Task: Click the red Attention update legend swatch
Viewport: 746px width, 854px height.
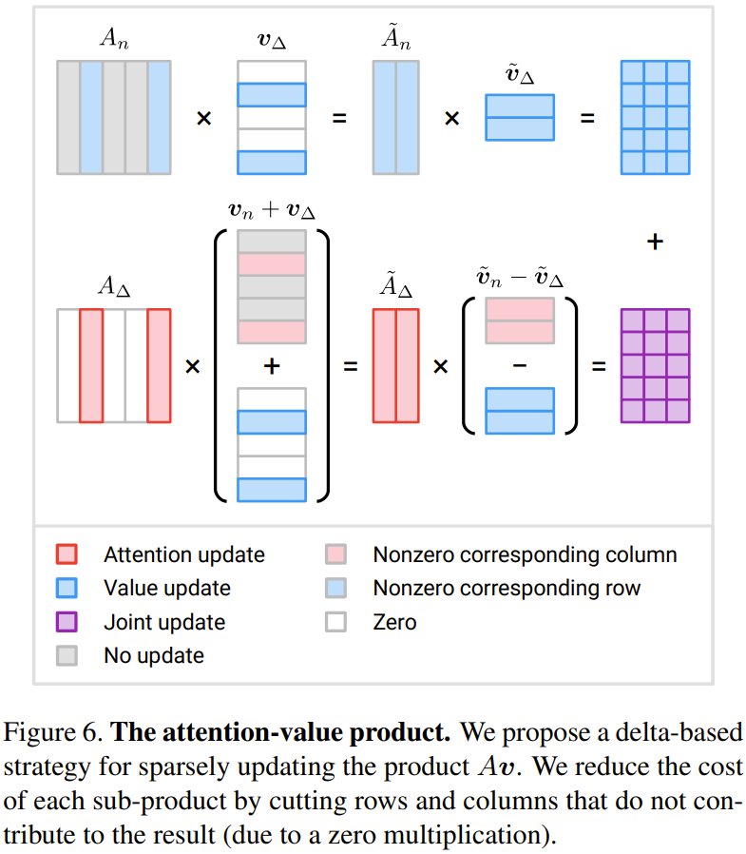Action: pos(67,554)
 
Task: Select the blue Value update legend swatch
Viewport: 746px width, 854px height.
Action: pos(67,589)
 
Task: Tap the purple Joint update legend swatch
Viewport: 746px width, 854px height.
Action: pos(67,623)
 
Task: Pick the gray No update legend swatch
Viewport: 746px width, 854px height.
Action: pos(67,656)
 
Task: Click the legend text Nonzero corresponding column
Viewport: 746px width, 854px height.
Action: pos(525,554)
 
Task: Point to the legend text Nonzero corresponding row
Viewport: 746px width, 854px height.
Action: pos(507,589)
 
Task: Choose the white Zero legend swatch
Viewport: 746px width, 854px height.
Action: pos(335,623)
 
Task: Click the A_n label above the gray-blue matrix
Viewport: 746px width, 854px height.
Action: pos(113,39)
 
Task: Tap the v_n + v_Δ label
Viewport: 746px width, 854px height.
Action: pos(271,210)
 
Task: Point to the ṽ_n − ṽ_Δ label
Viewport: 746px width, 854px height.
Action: pos(519,277)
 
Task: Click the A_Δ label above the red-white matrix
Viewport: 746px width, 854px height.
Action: pos(113,288)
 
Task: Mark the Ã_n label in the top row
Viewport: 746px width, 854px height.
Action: pos(395,39)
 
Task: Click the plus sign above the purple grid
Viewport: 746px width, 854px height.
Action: pos(654,243)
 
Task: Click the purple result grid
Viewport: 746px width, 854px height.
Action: pos(655,366)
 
